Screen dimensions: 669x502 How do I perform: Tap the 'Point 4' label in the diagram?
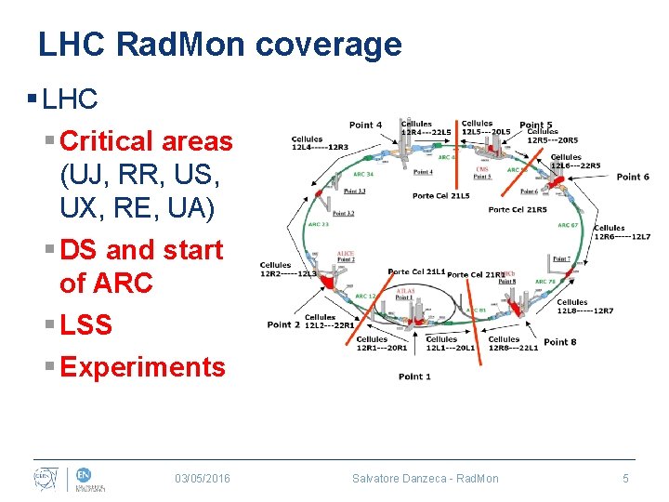(365, 125)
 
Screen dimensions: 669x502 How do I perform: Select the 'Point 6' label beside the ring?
(633, 177)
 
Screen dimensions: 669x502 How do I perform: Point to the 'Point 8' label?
(560, 342)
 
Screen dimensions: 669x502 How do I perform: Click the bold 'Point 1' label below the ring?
(414, 376)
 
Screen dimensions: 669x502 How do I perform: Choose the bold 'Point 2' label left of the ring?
(283, 324)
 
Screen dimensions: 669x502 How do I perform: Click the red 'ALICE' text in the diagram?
(346, 254)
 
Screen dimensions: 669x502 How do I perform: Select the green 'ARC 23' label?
(319, 224)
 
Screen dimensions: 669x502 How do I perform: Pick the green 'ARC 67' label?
(568, 225)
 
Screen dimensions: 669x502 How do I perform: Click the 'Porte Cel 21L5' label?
(441, 196)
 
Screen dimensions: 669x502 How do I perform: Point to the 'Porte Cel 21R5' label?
(518, 210)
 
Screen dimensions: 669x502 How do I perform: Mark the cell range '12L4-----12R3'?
(320, 147)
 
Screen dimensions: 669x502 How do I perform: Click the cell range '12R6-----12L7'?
(623, 237)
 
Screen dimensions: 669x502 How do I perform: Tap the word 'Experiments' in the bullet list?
(142, 367)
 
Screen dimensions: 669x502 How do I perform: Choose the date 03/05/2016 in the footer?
(203, 478)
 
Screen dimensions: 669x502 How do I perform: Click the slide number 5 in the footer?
(625, 478)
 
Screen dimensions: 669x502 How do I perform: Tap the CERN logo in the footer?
(45, 477)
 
